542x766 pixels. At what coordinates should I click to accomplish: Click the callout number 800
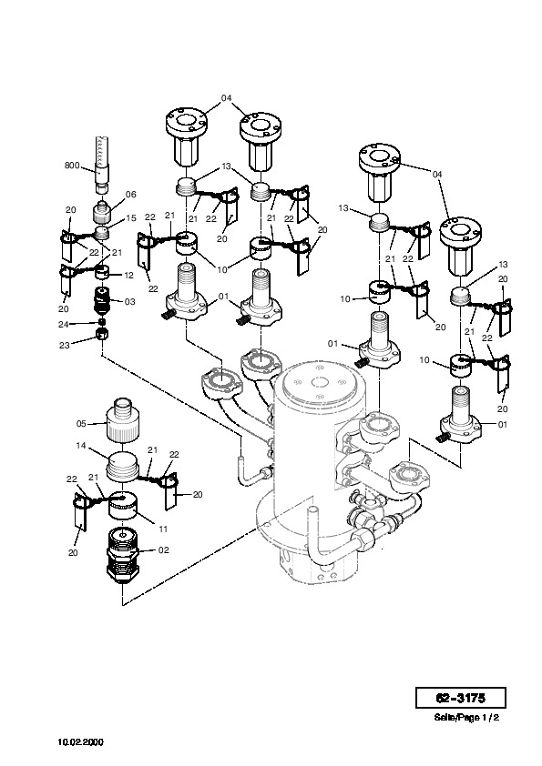(x=72, y=166)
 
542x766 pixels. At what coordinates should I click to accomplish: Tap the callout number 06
(x=130, y=195)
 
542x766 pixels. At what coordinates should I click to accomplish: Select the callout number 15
(x=130, y=217)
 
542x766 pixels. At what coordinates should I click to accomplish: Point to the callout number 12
(x=128, y=276)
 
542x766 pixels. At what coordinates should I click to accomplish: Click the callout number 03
(x=129, y=302)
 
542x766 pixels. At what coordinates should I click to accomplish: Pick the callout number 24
(x=64, y=324)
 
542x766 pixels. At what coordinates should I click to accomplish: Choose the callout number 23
(x=64, y=346)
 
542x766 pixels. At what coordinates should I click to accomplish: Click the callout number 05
(x=81, y=424)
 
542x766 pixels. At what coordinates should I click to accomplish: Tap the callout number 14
(x=81, y=446)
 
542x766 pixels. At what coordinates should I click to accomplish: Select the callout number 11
(x=163, y=529)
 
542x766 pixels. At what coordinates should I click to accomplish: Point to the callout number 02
(x=163, y=550)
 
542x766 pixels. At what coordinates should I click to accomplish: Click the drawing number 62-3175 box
(x=460, y=698)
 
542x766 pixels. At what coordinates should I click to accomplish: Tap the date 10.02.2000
(x=81, y=742)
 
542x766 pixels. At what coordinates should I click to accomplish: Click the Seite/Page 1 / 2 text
(x=466, y=718)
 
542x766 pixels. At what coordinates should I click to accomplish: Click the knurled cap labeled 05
(x=122, y=419)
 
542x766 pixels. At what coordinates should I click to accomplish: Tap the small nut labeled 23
(x=102, y=334)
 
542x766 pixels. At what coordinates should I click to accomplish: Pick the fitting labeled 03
(x=102, y=300)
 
